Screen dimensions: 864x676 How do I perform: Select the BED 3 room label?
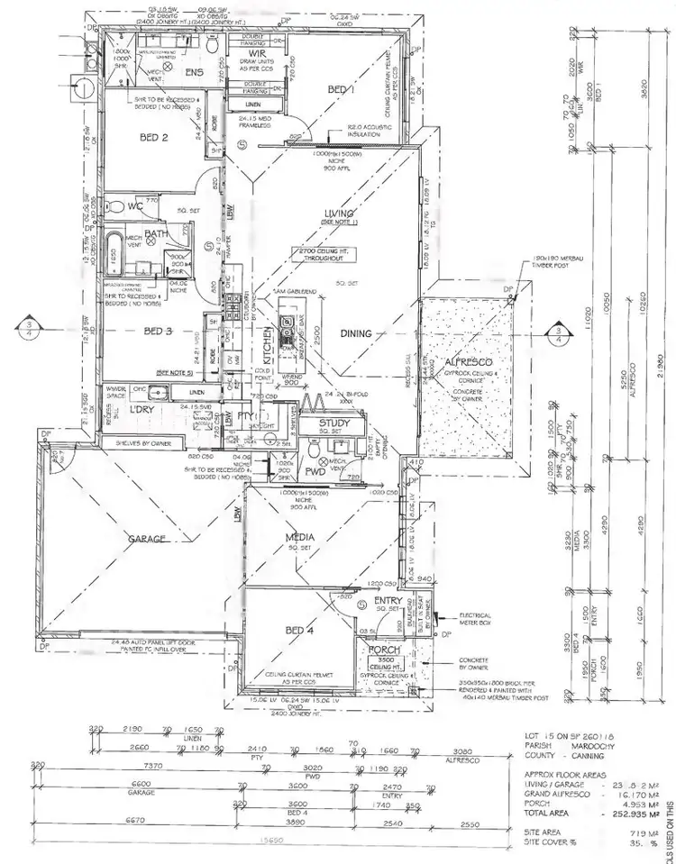159,331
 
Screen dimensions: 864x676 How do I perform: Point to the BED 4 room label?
298,631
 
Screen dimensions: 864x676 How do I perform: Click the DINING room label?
356,333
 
